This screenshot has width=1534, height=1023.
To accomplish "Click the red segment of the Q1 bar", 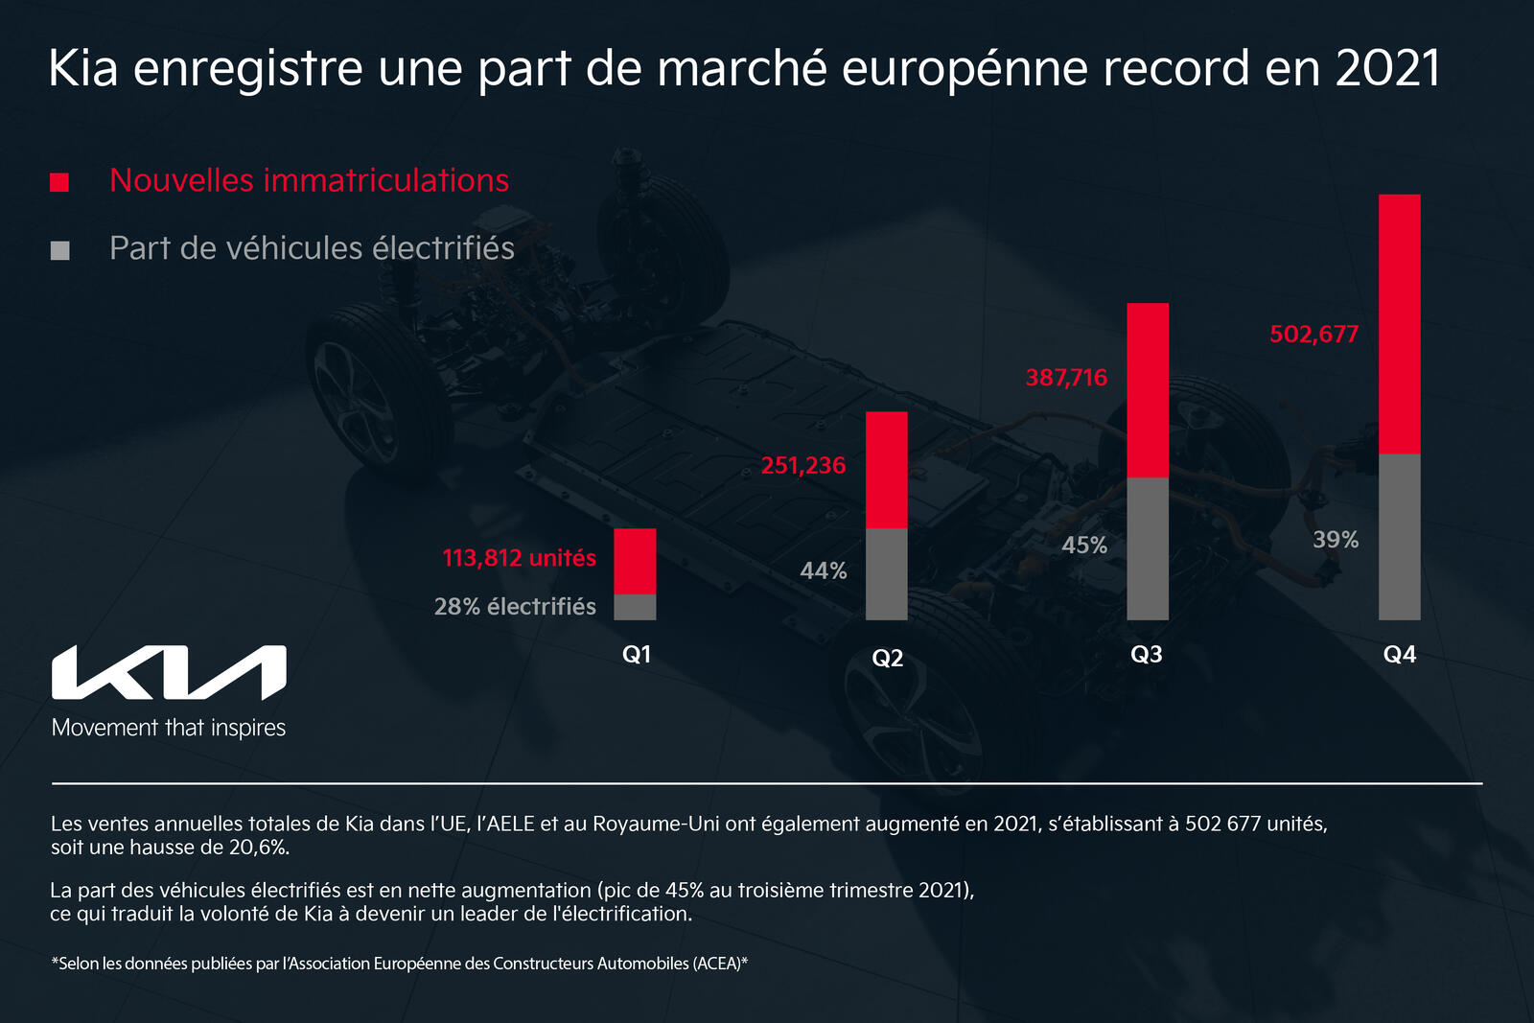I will coord(635,561).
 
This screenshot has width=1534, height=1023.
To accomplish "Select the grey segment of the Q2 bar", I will coord(887,573).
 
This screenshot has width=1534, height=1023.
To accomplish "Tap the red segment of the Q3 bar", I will coord(1148,390).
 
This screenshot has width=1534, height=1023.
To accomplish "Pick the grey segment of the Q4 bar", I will coord(1399,537).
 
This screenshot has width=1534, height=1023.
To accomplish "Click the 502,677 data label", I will coord(1313,335).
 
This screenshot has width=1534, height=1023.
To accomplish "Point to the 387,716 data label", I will coord(1066,378).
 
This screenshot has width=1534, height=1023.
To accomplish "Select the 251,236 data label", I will coord(803,466).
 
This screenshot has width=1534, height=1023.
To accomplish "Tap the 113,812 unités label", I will coord(519,558).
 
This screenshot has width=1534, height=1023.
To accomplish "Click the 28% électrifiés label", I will coord(515,607).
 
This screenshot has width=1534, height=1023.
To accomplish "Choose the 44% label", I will coord(824,571).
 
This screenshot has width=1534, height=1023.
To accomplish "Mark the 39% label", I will coord(1336,540).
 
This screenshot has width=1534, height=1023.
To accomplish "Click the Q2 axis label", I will coord(887,658).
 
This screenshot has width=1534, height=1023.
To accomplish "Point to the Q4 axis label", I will coord(1399,655).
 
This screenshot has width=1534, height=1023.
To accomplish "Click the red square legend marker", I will coord(59,182).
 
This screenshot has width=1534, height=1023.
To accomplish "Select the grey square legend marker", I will coord(59,250).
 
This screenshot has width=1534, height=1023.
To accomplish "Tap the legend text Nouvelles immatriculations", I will coord(309,180).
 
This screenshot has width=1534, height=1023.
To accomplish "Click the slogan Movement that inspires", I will coord(169,728).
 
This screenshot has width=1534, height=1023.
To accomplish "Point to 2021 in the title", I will coord(1387,69).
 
